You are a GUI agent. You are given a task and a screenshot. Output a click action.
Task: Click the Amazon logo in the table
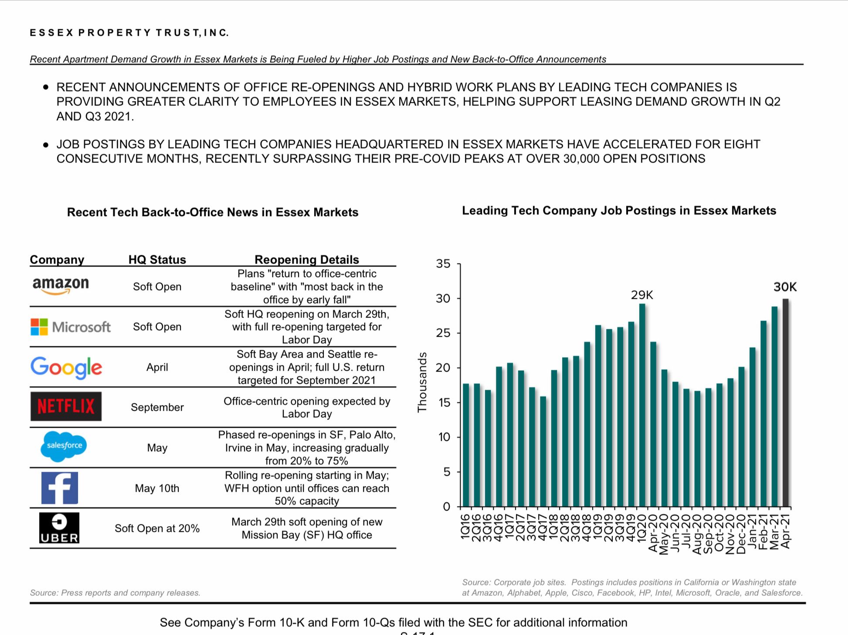pos(61,286)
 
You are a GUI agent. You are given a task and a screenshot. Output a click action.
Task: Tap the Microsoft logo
pos(71,327)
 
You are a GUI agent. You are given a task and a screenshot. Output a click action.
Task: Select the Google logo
pos(66,367)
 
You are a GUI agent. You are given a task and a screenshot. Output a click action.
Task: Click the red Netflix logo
pos(66,406)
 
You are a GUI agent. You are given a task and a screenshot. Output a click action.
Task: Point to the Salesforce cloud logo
pos(64,446)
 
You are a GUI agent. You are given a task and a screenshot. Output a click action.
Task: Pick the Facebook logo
pos(60,488)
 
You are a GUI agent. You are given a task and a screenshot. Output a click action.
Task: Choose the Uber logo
pos(59,528)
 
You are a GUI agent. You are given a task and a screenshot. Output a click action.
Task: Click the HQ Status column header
pos(157,260)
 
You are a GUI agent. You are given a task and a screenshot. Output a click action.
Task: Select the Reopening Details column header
pos(306,260)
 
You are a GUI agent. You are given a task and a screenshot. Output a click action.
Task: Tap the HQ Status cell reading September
pos(157,407)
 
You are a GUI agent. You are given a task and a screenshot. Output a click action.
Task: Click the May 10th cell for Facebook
pos(157,488)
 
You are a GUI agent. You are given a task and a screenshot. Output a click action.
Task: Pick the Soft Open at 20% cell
pos(157,528)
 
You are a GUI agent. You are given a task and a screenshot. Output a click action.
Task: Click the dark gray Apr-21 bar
pos(785,403)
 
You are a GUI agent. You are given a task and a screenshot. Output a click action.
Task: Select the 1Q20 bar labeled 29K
pos(642,405)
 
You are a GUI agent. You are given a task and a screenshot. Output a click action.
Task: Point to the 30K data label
pos(785,287)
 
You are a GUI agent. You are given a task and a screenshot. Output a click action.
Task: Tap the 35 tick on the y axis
pos(443,264)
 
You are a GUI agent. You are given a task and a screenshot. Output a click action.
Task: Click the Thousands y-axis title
pos(422,382)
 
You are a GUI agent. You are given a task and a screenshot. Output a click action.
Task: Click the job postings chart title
pos(619,211)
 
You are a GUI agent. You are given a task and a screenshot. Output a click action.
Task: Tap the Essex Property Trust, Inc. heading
pos(129,33)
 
